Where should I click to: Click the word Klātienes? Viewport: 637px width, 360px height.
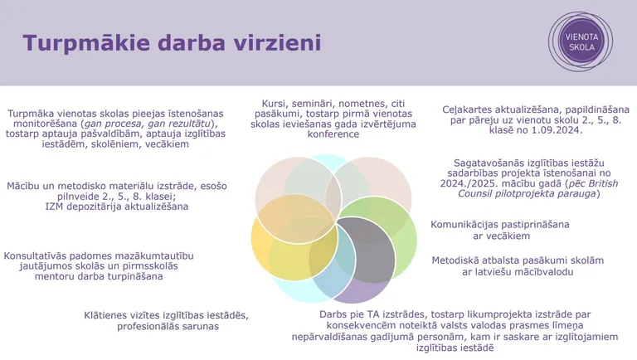[x=109, y=315]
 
